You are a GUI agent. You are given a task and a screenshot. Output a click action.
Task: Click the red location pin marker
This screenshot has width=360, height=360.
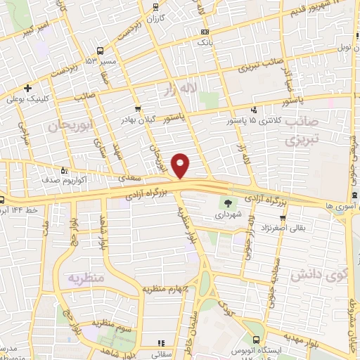pos(181,165)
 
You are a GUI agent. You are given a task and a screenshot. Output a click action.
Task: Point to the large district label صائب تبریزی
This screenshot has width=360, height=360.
pos(302,130)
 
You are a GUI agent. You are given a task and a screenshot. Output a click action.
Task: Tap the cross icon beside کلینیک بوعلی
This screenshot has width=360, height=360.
pos(27,89)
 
